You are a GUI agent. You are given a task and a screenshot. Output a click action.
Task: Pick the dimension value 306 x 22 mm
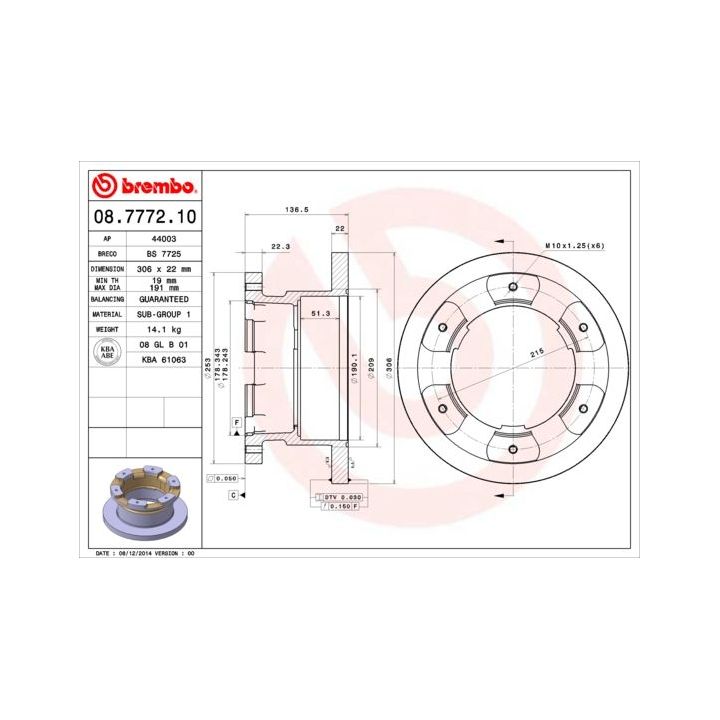pyautogui.click(x=162, y=269)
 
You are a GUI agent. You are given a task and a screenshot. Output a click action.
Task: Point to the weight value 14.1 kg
pyautogui.click(x=162, y=328)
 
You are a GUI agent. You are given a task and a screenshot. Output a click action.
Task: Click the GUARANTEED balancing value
pyautogui.click(x=162, y=299)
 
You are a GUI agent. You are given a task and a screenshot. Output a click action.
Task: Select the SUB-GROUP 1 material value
pyautogui.click(x=162, y=313)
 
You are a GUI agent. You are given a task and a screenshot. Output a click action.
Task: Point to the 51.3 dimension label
pyautogui.click(x=321, y=313)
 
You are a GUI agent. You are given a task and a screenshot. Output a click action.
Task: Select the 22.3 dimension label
pyautogui.click(x=281, y=245)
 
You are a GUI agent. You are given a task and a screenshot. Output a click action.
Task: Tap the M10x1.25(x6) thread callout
pyautogui.click(x=575, y=245)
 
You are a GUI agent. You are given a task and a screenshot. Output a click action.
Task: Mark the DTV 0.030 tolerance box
pyautogui.click(x=341, y=497)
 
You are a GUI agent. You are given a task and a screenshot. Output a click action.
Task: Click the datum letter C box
pyautogui.click(x=232, y=495)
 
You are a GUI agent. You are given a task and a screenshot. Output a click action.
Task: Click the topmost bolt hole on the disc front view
pyautogui.click(x=512, y=288)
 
